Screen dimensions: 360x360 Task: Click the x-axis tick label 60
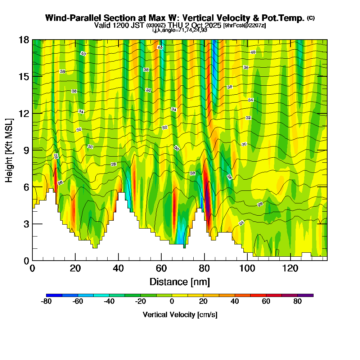click(161, 268)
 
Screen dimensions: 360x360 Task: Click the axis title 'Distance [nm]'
click(180, 282)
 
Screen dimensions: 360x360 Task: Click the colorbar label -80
click(46, 302)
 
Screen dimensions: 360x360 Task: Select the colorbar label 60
click(266, 302)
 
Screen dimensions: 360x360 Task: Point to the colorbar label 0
click(172, 302)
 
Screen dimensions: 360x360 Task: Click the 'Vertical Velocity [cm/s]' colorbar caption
click(180, 315)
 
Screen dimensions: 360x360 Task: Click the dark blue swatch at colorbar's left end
click(54, 295)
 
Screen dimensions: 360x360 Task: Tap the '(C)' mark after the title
click(311, 18)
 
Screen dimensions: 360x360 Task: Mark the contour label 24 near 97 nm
click(242, 223)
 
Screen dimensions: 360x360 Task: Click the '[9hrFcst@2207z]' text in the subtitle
click(244, 25)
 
